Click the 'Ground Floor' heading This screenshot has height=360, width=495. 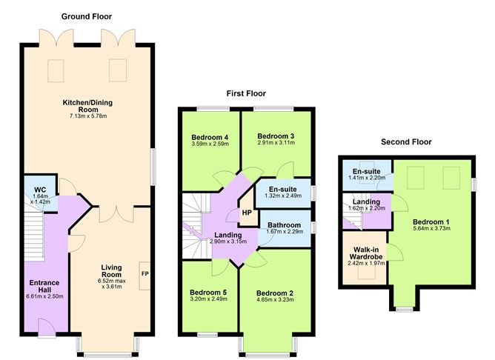[87, 16]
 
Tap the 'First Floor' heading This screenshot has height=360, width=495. [246, 93]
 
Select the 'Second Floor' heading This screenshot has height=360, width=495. [405, 141]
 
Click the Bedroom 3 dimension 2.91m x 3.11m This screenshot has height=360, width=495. [276, 143]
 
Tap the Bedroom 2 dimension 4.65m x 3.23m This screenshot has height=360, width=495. [275, 301]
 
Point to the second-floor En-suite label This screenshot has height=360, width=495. [366, 170]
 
